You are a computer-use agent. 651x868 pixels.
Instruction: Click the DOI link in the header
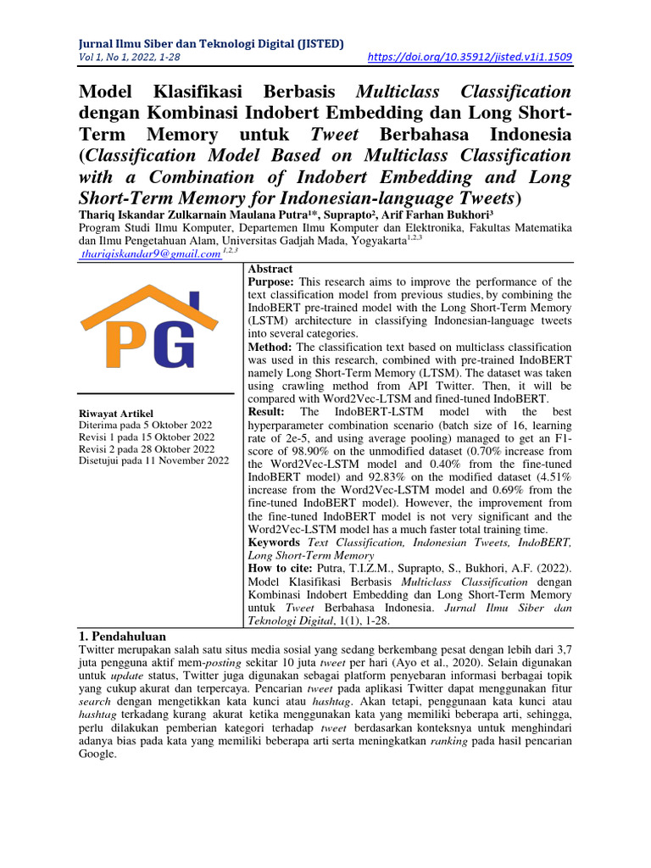(471, 58)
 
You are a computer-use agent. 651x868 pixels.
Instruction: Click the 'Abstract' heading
(270, 268)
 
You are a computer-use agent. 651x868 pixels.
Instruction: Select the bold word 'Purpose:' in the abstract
(270, 281)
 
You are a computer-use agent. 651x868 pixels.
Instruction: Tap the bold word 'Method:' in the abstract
(270, 348)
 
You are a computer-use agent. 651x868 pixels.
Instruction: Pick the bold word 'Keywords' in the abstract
(273, 542)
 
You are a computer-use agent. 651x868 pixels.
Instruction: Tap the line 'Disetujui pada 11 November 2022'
(153, 461)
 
